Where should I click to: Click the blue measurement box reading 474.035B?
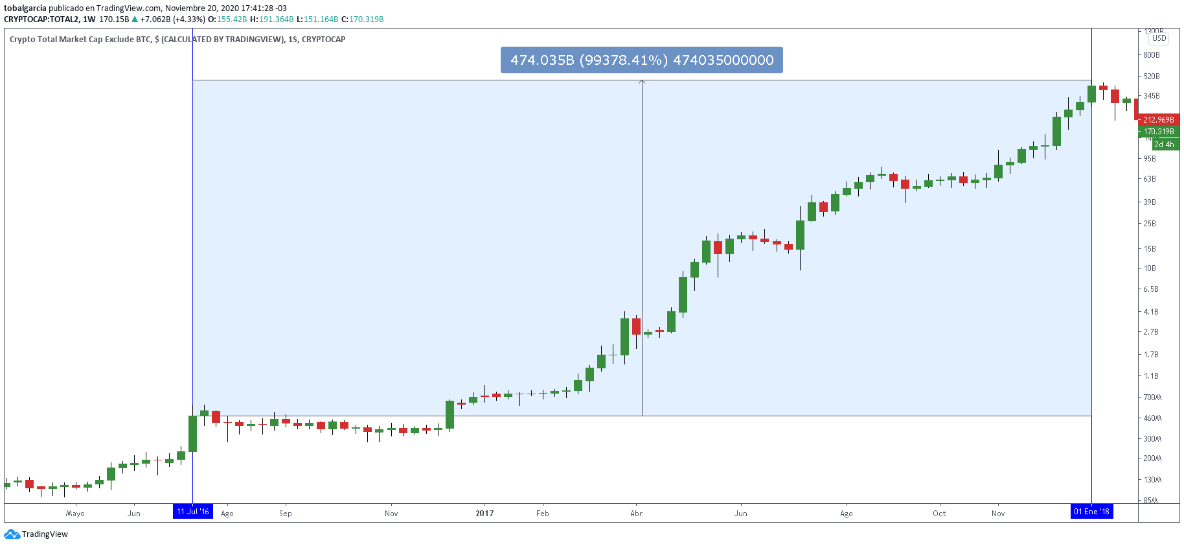[641, 60]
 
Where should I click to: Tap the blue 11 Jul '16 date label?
[193, 512]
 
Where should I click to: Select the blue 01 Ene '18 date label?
[1091, 512]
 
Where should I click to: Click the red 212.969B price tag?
[1158, 120]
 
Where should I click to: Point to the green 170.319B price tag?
[1159, 132]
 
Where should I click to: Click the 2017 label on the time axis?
[484, 514]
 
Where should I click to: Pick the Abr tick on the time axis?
[637, 514]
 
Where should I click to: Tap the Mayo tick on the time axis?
[75, 514]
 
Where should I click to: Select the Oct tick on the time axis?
[939, 514]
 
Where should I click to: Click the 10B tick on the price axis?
[1150, 268]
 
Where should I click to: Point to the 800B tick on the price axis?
[1152, 55]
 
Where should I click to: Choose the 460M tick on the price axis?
[1152, 418]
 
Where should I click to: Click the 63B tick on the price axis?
[1150, 179]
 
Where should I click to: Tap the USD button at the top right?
[1159, 38]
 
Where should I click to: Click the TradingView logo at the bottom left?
[36, 534]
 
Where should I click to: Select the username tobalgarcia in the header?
[25, 8]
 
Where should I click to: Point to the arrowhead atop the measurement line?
[642, 82]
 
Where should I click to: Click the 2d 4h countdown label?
[1164, 145]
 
